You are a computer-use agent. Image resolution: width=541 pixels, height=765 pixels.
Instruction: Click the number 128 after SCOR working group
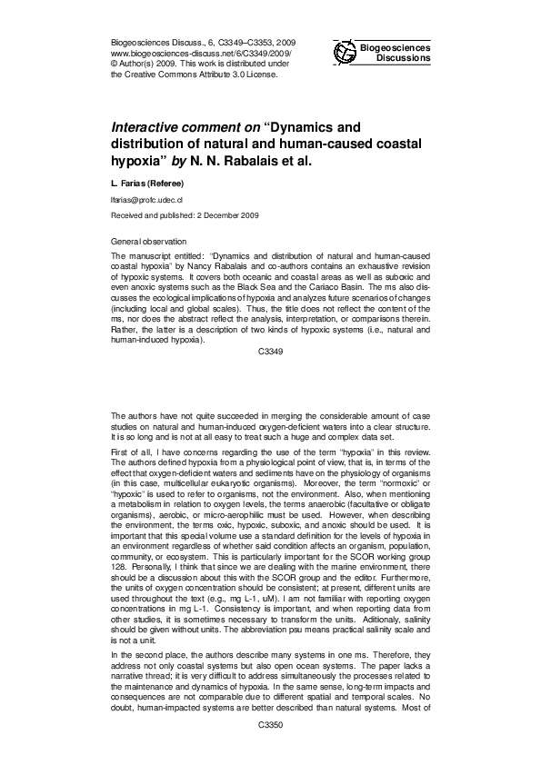(118, 551)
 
